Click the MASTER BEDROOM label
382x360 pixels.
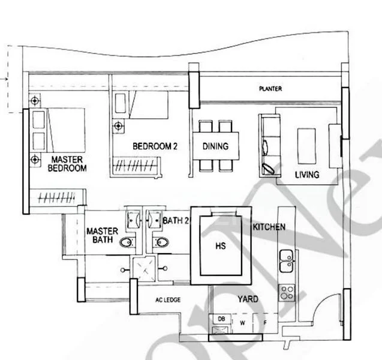(67, 164)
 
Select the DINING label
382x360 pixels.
(215, 145)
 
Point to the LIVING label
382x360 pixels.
(306, 175)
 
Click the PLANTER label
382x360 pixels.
(270, 89)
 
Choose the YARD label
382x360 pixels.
(248, 299)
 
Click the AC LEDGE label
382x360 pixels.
(168, 300)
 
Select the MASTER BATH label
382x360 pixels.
(101, 235)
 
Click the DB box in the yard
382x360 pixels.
(221, 319)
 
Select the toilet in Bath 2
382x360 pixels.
(160, 242)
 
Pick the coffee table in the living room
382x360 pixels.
(306, 145)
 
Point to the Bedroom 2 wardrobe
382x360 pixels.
(137, 164)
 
